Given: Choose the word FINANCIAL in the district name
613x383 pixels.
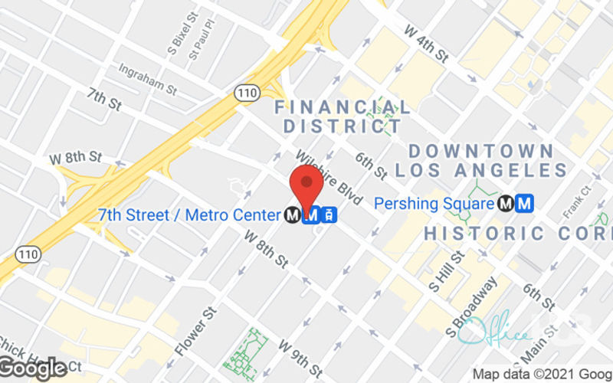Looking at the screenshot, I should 342,107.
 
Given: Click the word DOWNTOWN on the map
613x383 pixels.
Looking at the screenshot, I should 480,150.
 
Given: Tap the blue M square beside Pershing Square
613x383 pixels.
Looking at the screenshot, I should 525,204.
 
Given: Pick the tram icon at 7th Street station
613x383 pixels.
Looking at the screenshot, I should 329,216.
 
